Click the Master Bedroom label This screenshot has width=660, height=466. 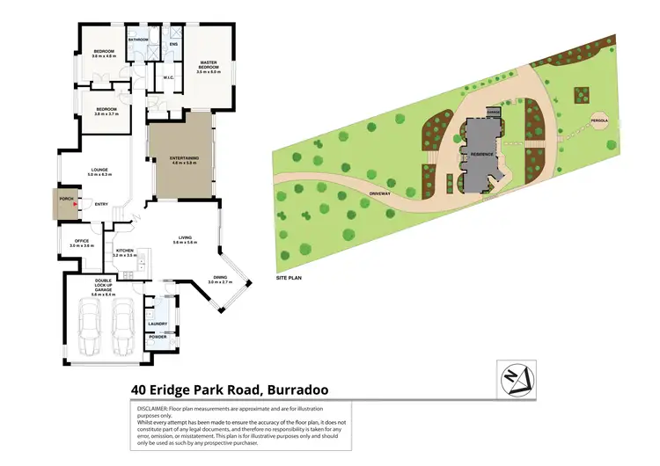[x=208, y=65]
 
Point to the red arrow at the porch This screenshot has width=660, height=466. [x=77, y=205]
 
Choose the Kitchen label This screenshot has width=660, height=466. [x=124, y=251]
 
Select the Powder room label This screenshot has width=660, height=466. [x=158, y=337]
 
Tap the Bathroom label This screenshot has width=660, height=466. [x=138, y=40]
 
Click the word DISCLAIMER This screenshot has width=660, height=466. [x=154, y=409]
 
